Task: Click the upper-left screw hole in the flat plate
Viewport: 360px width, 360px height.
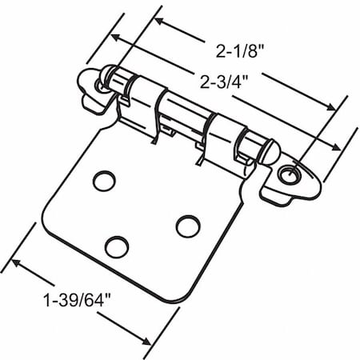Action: tap(103, 181)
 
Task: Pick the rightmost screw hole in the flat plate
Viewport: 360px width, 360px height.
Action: tap(187, 226)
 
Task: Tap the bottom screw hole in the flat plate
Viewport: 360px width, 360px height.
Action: tap(117, 246)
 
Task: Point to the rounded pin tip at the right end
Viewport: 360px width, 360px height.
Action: tap(268, 151)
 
